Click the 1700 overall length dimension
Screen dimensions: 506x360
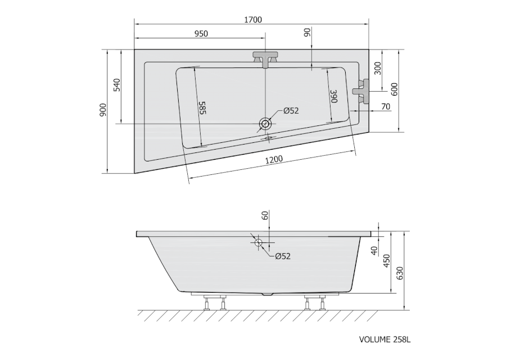pos(252,20)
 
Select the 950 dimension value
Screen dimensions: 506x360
pos(201,34)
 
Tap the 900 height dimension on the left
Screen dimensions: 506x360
pos(103,110)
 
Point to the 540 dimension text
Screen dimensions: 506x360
pos(117,85)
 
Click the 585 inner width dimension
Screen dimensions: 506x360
pos(202,108)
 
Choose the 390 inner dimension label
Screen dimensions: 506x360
pos(333,96)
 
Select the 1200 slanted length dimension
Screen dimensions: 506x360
pos(274,160)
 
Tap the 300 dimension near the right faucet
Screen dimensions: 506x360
pos(378,68)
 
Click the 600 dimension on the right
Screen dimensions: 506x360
pos(394,89)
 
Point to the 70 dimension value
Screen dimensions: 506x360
pos(386,106)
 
